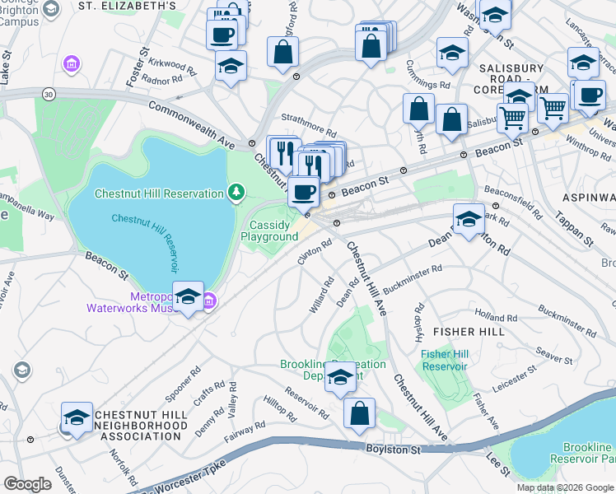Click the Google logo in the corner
click(28, 484)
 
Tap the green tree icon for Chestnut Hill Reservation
click(236, 193)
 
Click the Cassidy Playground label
click(269, 231)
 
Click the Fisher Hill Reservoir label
click(445, 360)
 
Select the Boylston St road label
click(394, 450)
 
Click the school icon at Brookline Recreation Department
click(339, 377)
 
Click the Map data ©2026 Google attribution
click(565, 487)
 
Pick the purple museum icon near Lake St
click(72, 63)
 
